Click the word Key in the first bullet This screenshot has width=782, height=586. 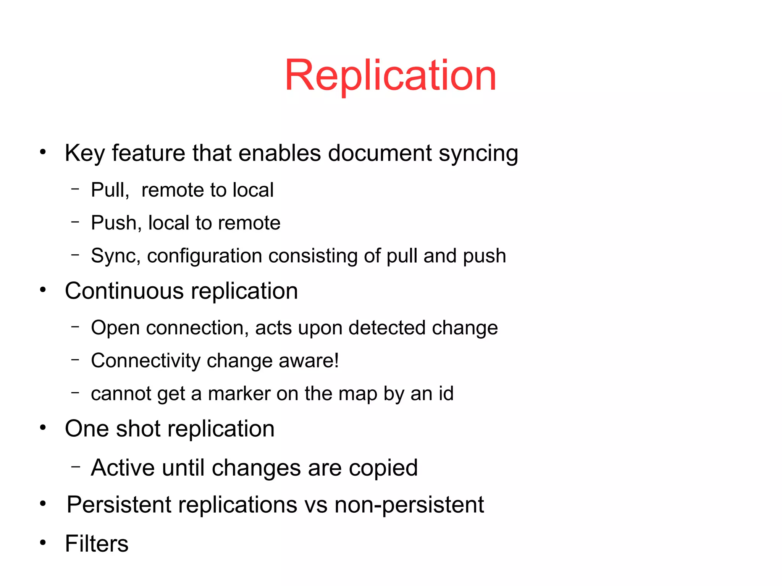[x=84, y=153]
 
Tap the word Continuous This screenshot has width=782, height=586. [x=124, y=291]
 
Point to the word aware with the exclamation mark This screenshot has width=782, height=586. [x=309, y=361]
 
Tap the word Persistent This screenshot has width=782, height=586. [x=119, y=505]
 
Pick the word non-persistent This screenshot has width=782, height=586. [x=409, y=505]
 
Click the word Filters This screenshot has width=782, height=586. [x=97, y=544]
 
